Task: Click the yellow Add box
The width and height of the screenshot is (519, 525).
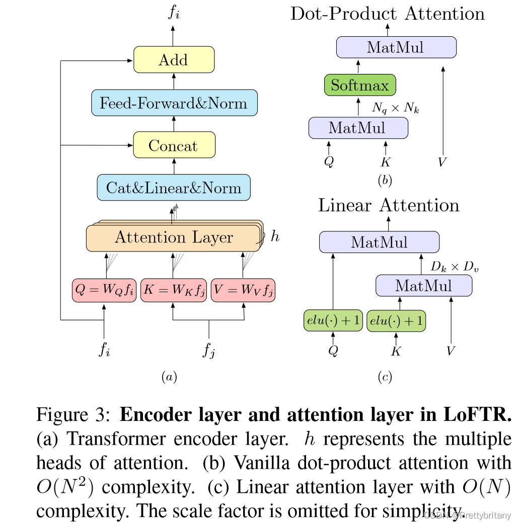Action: tap(174, 60)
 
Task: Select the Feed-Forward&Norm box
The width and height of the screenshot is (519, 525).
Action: tap(174, 103)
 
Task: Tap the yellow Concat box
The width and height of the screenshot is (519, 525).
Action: tap(174, 146)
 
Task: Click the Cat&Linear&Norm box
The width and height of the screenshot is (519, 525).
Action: tap(174, 188)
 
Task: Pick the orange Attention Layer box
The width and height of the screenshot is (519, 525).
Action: tap(174, 238)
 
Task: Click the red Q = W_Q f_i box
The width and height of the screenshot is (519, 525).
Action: tap(104, 290)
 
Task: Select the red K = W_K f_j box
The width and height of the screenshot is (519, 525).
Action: tap(173, 290)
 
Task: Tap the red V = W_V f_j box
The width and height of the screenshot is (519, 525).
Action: tap(243, 290)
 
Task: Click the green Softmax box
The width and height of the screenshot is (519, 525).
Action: tap(359, 85)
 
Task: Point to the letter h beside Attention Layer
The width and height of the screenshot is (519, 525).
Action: tap(275, 236)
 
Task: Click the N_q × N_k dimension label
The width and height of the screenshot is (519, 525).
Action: tap(395, 108)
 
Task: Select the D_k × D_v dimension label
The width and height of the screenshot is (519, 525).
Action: tap(455, 267)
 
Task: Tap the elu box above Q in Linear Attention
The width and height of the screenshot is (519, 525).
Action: tap(333, 320)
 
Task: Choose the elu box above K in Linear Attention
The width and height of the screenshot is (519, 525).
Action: tap(396, 320)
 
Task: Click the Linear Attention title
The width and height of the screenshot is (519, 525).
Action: tap(389, 205)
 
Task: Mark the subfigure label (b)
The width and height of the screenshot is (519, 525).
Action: tap(385, 180)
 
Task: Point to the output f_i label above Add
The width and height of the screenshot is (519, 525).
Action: tap(174, 13)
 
